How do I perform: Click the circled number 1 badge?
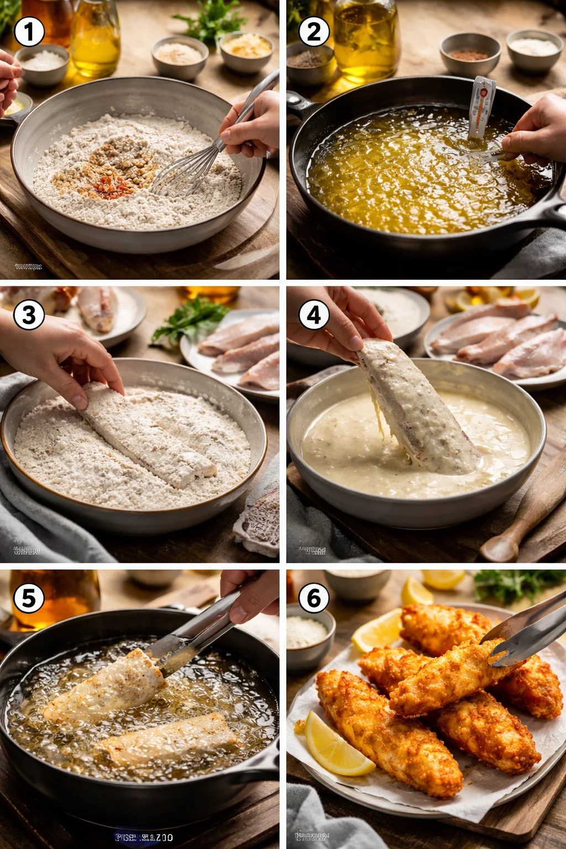click(29, 32)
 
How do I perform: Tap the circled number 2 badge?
click(314, 32)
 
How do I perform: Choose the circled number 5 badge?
click(29, 598)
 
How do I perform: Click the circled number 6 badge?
click(314, 598)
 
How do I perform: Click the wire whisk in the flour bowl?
click(188, 166)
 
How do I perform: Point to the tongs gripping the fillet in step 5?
click(193, 636)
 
